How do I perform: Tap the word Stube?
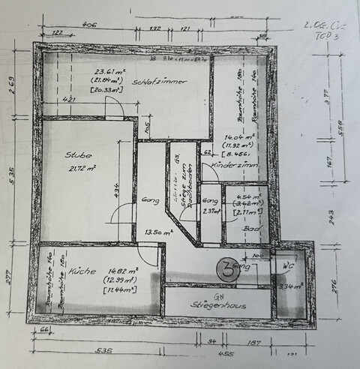tap(78, 155)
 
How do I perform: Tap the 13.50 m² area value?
tap(157, 232)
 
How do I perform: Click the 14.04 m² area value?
tap(238, 137)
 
